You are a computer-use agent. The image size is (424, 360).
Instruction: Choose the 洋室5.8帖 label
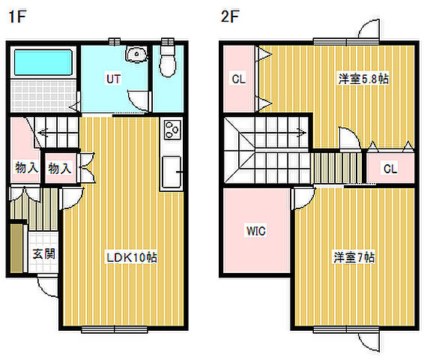coord(363,78)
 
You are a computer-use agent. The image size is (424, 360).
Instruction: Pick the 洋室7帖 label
coord(354,257)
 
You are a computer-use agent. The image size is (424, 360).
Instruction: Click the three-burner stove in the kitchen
coord(172,131)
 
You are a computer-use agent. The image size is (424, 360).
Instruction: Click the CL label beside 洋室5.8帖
coord(238,78)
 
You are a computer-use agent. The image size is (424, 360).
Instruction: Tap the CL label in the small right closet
coord(390,169)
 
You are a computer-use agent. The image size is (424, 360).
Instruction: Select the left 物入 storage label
coord(26,168)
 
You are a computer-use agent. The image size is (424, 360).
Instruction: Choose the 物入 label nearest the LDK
coord(59,169)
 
